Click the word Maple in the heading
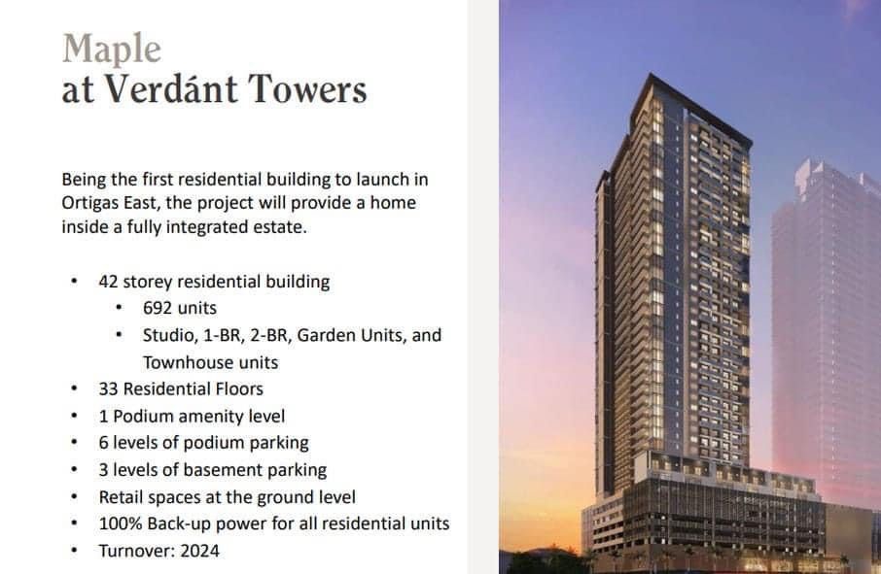112,49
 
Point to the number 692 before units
158,309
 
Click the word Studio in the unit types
167,335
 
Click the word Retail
121,496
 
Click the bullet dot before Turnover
74,551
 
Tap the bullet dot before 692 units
119,309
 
